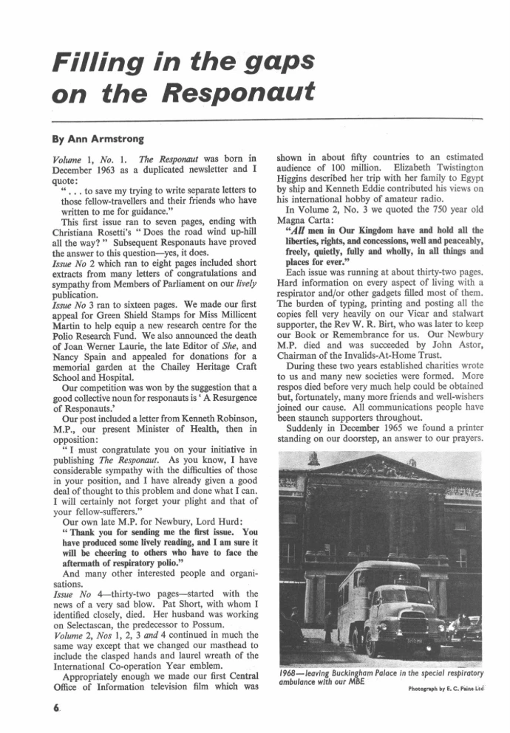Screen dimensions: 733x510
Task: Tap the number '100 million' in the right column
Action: coord(339,168)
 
